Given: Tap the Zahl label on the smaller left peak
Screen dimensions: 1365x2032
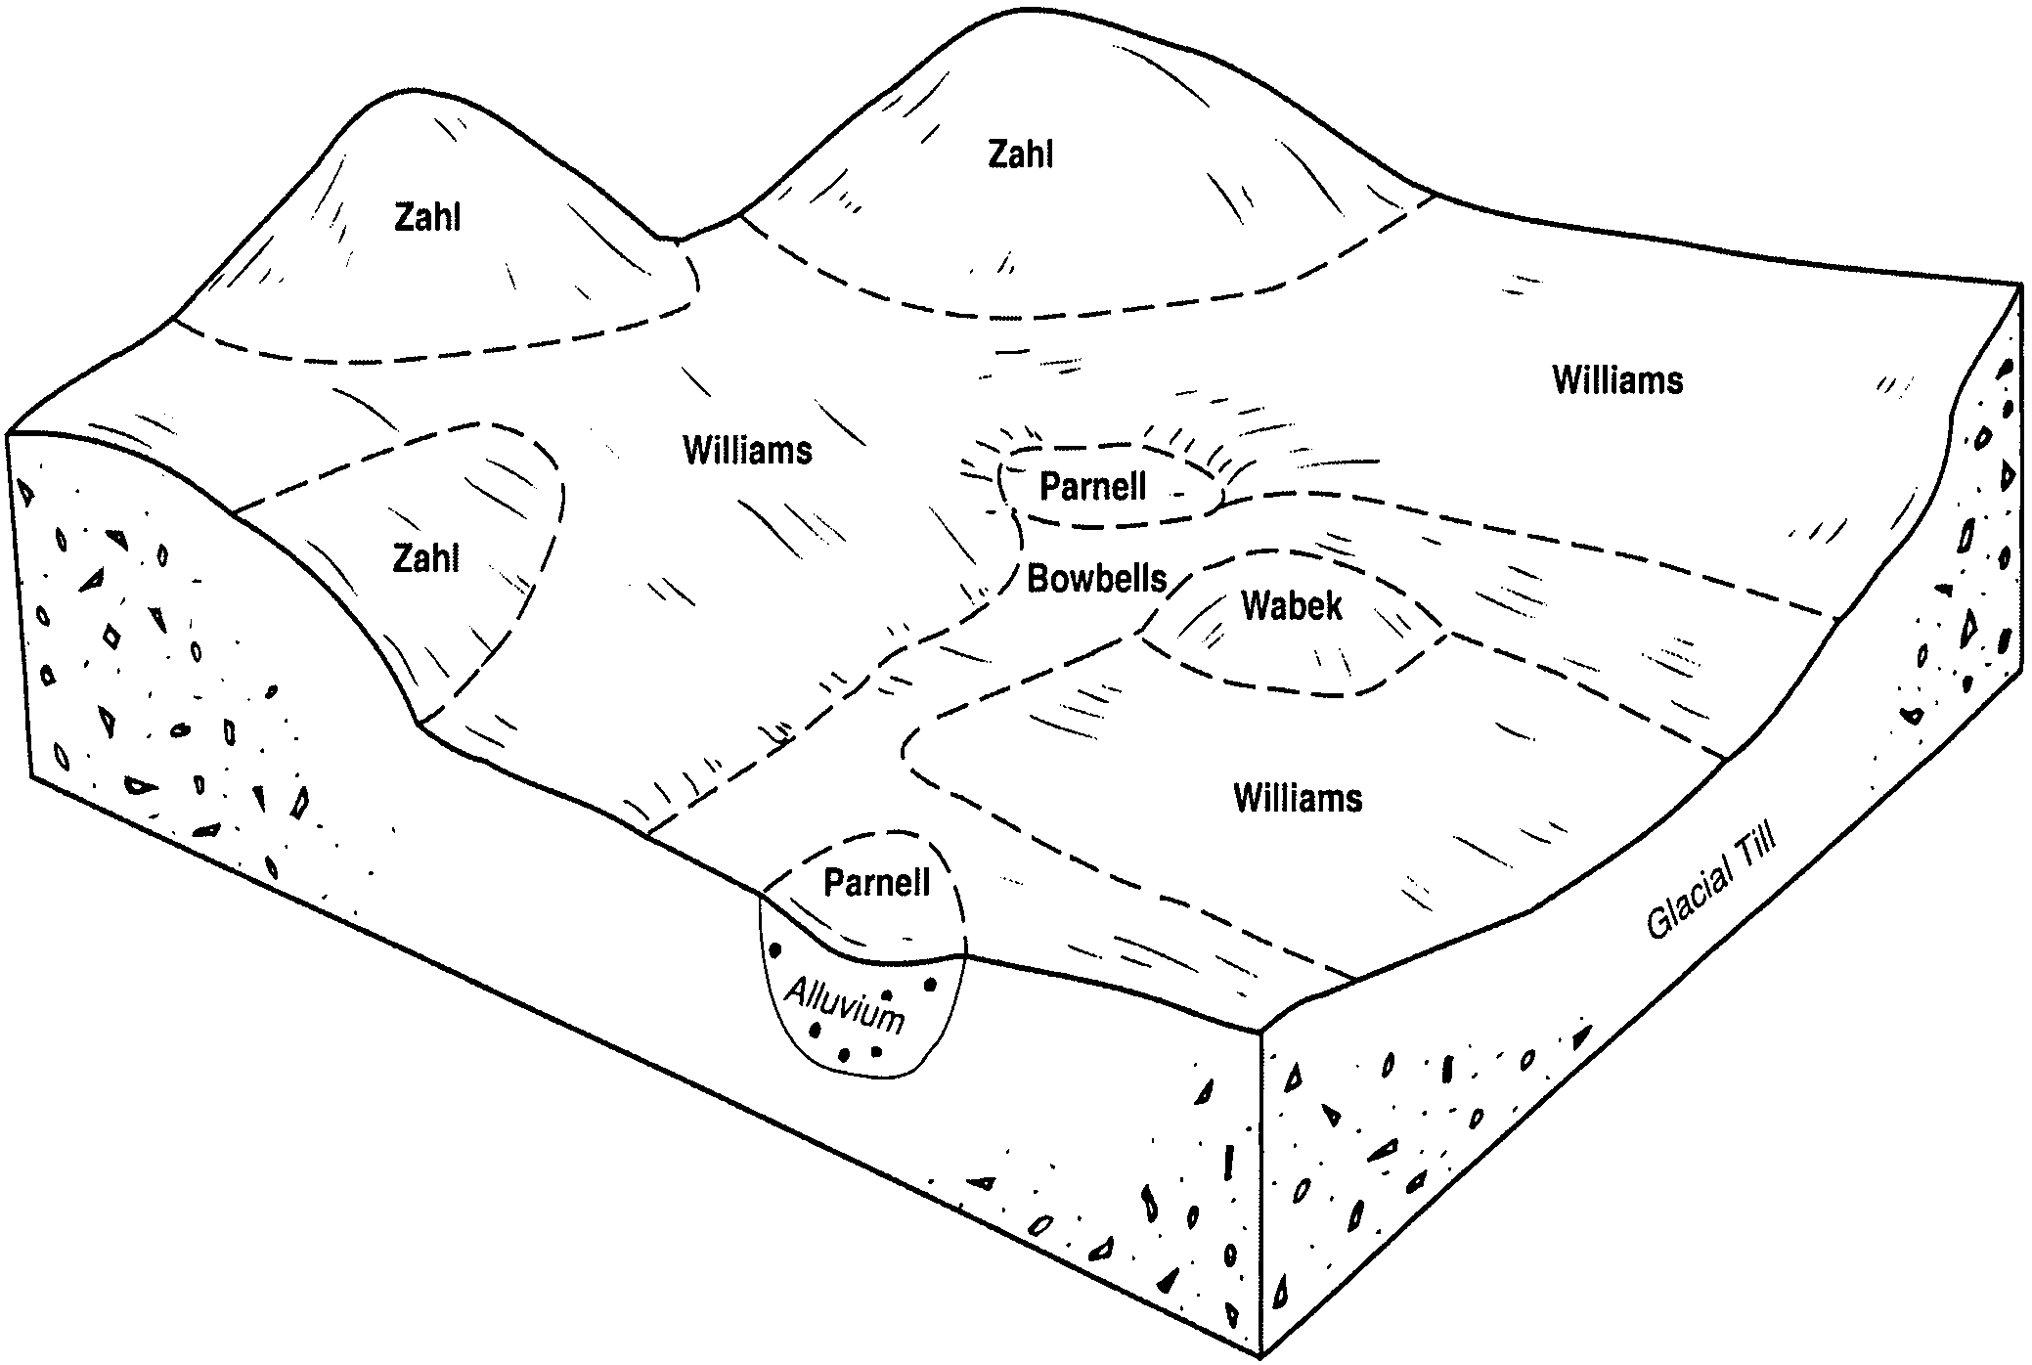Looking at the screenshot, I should pyautogui.click(x=427, y=217).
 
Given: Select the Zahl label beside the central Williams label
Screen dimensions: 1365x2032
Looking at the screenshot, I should pyautogui.click(x=425, y=559).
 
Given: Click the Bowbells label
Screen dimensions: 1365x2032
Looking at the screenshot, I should pyautogui.click(x=1096, y=579).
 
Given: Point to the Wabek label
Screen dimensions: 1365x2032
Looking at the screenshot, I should pyautogui.click(x=1291, y=606).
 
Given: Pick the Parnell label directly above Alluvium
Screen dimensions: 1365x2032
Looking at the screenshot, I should pyautogui.click(x=876, y=883).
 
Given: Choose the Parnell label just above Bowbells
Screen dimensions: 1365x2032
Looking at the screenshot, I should pyautogui.click(x=1092, y=487).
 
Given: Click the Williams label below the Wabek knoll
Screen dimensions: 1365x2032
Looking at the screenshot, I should pyautogui.click(x=1298, y=799).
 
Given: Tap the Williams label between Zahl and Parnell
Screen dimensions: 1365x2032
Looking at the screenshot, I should pyautogui.click(x=747, y=451).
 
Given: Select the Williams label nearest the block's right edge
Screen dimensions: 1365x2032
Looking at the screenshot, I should pyautogui.click(x=1617, y=380).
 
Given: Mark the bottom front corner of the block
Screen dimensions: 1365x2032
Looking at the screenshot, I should pyautogui.click(x=1260, y=1355).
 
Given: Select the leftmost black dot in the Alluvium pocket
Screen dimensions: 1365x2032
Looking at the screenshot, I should pyautogui.click(x=775, y=948).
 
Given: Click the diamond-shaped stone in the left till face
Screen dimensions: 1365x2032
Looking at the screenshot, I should pyautogui.click(x=112, y=637).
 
